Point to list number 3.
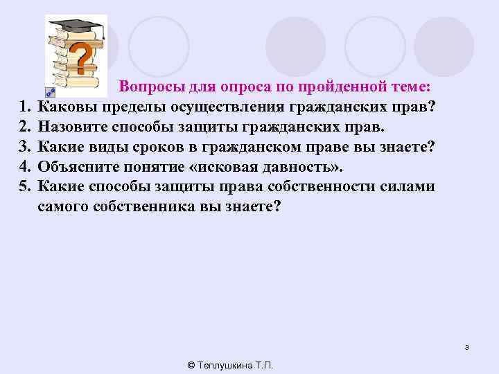24,148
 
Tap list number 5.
24,187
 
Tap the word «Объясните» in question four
79,168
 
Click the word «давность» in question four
298,168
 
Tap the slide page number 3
467,347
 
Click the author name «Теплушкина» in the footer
228,365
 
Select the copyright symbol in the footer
191,365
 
